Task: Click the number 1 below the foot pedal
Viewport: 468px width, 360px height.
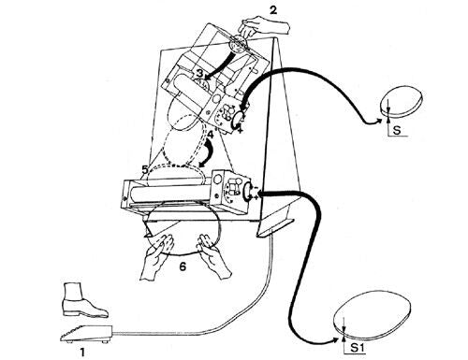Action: coord(82,353)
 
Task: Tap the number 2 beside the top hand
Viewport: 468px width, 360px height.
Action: coord(273,10)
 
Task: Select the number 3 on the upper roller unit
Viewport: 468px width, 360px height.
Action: coord(199,74)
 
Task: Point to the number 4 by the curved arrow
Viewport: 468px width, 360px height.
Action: coord(211,135)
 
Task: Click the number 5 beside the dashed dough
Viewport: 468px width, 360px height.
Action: coord(145,169)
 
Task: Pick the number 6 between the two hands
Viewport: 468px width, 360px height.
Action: coord(183,266)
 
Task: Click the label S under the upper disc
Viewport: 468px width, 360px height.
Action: coord(397,130)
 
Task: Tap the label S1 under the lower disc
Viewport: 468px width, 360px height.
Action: coord(358,348)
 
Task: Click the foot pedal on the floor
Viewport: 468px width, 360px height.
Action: coord(86,334)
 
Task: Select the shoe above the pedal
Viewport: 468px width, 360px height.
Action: coord(83,301)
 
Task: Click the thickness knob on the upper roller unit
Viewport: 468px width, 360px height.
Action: coord(239,120)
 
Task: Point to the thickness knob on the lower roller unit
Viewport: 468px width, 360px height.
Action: coord(247,191)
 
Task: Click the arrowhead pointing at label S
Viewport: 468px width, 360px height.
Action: coord(378,122)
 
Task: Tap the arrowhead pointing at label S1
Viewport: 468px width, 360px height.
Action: coord(335,340)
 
